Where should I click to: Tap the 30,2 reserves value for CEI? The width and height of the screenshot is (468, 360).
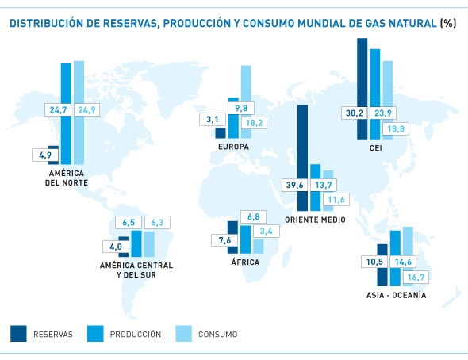(352, 113)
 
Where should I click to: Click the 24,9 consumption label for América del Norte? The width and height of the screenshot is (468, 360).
(86, 109)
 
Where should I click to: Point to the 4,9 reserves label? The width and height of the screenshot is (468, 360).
(45, 155)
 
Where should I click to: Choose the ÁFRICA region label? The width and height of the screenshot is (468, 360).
(244, 262)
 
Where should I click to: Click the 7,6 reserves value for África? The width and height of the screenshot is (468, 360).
(224, 240)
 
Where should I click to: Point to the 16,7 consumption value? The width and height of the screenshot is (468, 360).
(414, 276)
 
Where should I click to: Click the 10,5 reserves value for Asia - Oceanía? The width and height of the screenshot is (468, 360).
(373, 262)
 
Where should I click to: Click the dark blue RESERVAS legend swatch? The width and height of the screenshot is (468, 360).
(19, 334)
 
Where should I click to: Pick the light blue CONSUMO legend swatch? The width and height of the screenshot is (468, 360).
(180, 334)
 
